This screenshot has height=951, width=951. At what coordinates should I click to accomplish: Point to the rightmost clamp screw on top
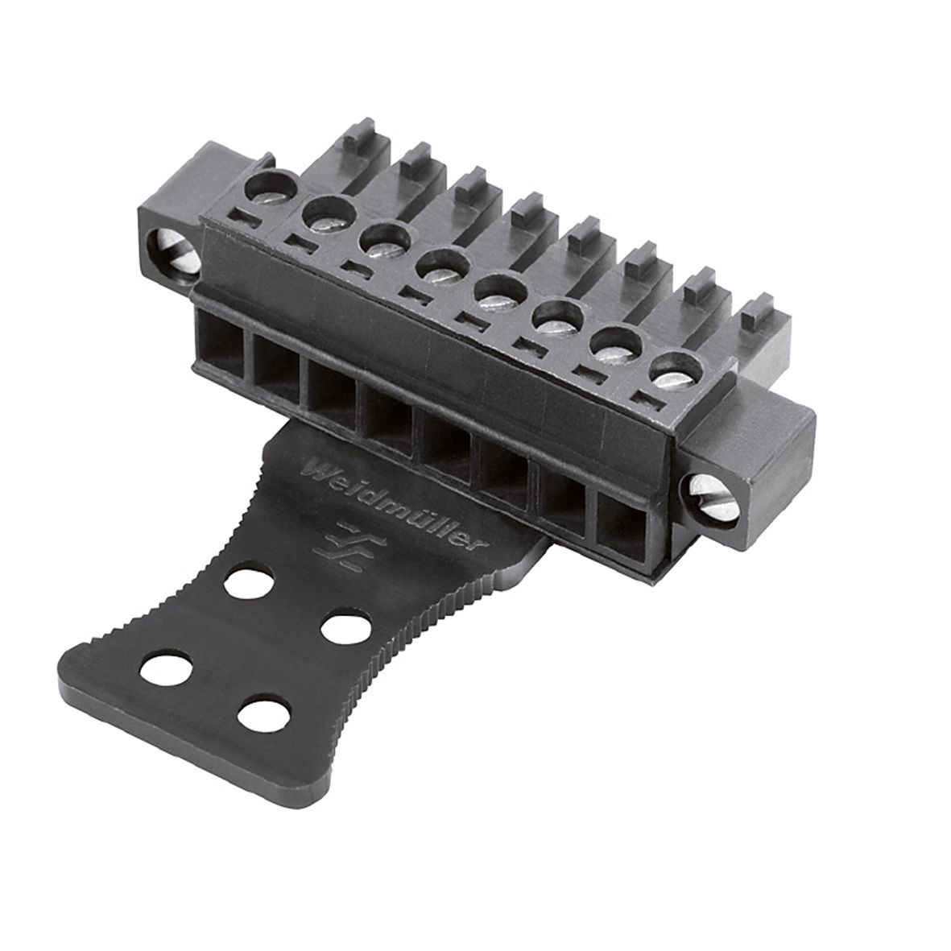(x=673, y=371)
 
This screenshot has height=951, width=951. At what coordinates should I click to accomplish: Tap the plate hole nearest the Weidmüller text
(x=247, y=581)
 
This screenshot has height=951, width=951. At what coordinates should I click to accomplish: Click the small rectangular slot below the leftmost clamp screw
(x=245, y=217)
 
